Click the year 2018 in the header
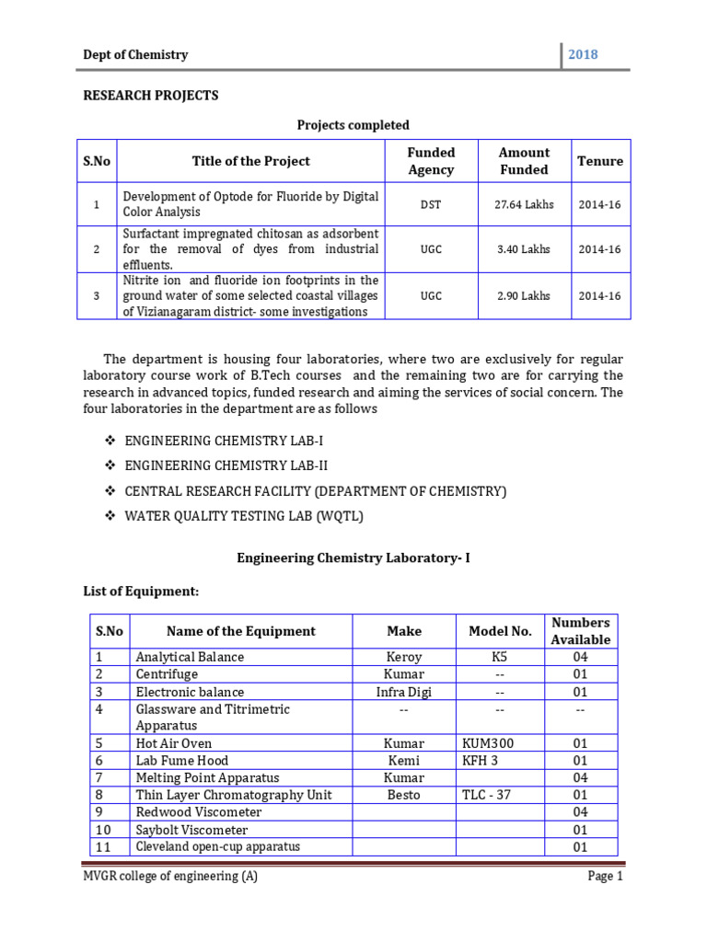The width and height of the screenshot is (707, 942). point(583,54)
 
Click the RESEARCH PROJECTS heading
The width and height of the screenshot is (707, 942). point(151,96)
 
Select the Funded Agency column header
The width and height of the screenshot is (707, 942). point(431,161)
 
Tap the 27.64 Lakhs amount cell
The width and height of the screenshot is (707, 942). point(524,204)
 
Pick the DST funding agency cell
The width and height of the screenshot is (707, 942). point(431,204)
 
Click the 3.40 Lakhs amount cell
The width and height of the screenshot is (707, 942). point(524,250)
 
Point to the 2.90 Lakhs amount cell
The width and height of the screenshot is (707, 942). point(524,296)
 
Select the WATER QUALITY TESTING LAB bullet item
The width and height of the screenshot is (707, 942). point(244,516)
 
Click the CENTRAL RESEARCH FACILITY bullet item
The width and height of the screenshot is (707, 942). point(315,491)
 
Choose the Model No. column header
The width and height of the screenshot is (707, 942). point(500,631)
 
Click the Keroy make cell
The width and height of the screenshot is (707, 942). point(404,657)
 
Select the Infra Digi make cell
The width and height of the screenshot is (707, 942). point(404,692)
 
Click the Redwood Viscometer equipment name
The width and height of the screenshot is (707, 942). point(198,812)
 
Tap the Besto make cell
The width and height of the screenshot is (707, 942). point(404,795)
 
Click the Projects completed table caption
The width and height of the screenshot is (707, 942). point(353,125)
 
